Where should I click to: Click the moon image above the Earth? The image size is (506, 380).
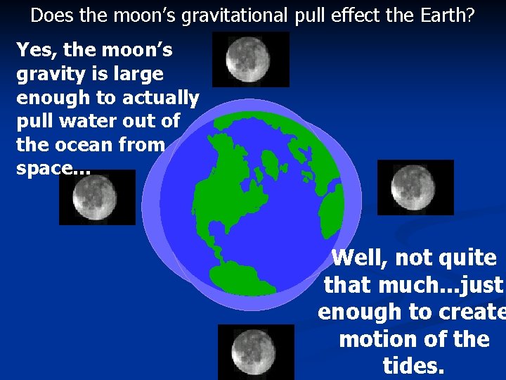pos(240,59)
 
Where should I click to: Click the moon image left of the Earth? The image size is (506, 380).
pos(96,196)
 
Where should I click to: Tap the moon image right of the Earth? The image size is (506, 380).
pos(415,186)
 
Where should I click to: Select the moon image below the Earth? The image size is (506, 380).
pos(255,351)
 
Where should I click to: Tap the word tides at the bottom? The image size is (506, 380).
pos(413,365)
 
